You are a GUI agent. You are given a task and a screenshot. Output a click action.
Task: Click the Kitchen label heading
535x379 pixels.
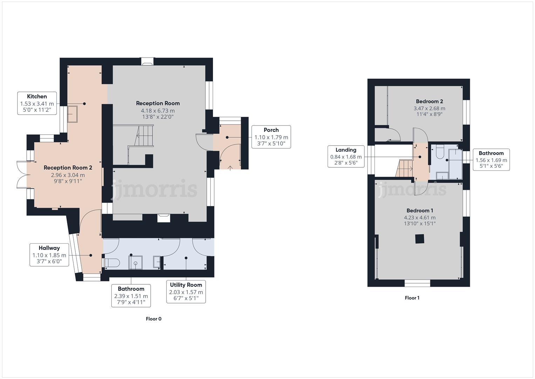37,97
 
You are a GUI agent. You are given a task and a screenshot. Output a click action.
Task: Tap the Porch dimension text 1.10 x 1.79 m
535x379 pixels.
271,137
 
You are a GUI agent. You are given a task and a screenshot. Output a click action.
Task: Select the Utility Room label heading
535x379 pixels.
186,285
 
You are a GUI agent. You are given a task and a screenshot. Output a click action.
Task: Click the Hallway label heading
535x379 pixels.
49,248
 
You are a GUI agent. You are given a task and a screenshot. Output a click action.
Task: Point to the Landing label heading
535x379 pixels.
346,150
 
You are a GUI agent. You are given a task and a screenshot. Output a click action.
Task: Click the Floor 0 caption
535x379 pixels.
153,319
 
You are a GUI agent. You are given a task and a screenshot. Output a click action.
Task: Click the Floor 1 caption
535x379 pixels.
412,298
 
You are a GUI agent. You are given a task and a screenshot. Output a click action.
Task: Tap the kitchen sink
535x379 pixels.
73,114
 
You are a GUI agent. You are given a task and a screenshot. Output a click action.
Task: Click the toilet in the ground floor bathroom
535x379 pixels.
112,263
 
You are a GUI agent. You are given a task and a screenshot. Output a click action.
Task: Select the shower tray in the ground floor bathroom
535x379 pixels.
135,262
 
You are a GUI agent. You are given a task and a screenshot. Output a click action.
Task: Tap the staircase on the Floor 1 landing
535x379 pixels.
405,168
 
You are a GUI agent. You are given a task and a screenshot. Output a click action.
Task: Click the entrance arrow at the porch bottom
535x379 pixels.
230,168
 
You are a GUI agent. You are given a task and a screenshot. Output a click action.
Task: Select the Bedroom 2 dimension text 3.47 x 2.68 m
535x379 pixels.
429,108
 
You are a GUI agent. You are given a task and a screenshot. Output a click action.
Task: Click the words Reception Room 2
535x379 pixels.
68,168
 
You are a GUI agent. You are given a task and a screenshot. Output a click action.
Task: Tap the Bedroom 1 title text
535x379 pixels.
420,211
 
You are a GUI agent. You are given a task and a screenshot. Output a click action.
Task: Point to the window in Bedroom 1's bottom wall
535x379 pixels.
417,283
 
